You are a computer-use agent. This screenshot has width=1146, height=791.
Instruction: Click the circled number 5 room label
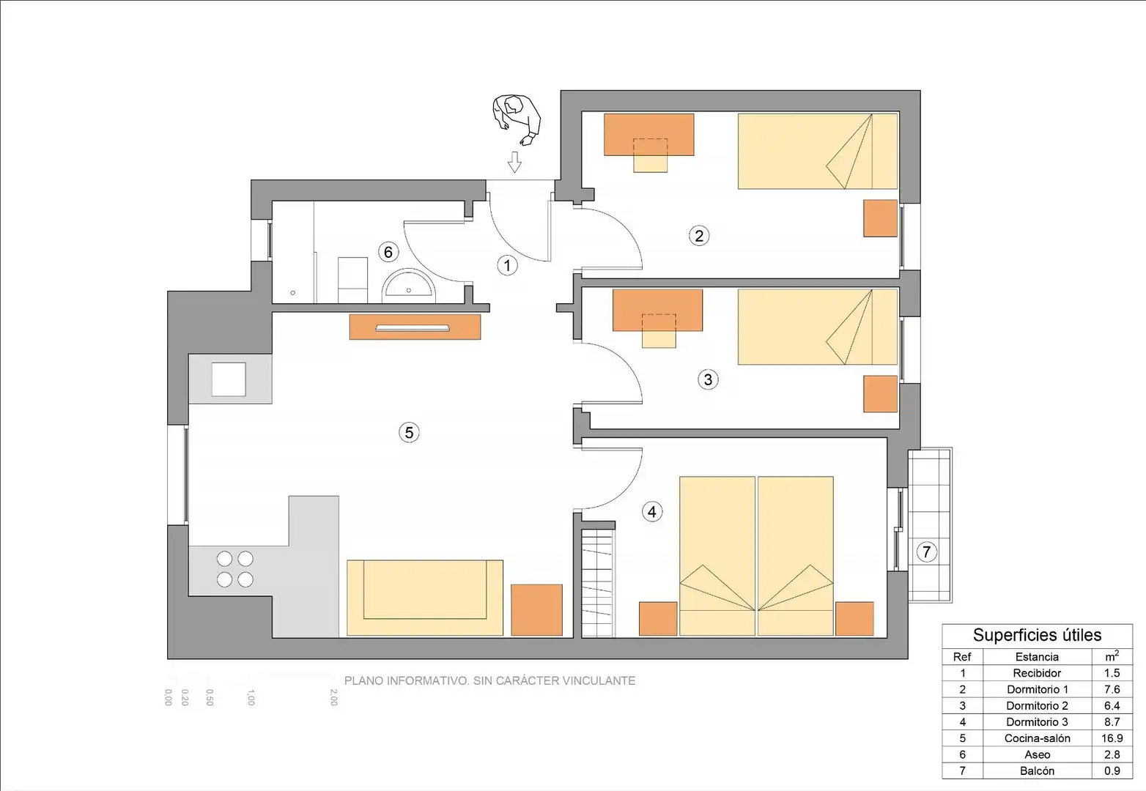point(409,433)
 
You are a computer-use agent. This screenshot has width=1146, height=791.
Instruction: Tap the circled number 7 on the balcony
point(926,552)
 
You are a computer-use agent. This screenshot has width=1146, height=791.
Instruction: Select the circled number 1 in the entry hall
point(507,265)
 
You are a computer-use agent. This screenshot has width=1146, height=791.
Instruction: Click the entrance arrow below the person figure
point(514,162)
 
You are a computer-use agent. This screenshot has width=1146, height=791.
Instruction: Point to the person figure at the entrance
point(517,120)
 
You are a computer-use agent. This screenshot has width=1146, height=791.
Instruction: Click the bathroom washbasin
point(409,285)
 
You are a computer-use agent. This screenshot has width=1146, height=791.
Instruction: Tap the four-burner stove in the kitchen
point(234,569)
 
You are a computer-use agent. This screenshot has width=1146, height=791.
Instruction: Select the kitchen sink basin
point(229,379)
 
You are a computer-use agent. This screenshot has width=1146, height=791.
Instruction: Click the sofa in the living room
point(425,598)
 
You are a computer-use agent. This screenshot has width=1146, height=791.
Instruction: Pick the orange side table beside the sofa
point(536,610)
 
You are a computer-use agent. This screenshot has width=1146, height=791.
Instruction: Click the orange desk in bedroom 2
point(648,135)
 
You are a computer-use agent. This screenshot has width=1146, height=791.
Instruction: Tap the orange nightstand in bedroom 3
point(881,394)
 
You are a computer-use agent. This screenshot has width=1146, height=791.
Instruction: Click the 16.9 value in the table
point(1112,738)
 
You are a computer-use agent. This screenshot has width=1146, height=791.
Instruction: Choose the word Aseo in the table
point(1037,754)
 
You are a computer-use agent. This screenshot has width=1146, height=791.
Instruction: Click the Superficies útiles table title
point(1037,635)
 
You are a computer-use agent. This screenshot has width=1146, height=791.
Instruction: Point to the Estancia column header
point(1037,656)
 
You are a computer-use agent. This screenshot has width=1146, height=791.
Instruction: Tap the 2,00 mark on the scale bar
point(333,697)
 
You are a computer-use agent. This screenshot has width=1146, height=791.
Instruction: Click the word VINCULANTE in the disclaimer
point(599,680)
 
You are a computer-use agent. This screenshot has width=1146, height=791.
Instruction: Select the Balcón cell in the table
point(1037,770)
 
